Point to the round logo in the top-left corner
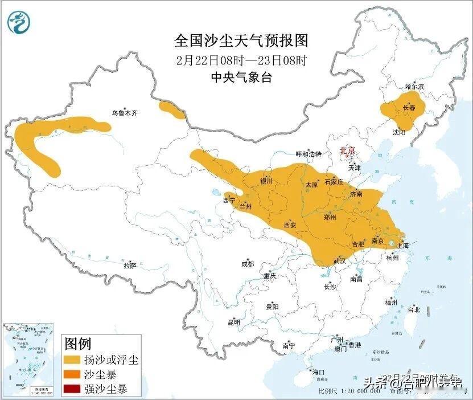click(18, 22)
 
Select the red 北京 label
click(347, 150)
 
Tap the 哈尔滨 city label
click(414, 87)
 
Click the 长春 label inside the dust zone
click(409, 108)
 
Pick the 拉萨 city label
click(130, 266)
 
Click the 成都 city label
click(248, 264)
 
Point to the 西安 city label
click(290, 225)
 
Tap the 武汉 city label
click(340, 261)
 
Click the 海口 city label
click(318, 372)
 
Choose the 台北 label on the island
click(413, 310)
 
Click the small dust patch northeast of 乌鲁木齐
click(171, 110)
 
